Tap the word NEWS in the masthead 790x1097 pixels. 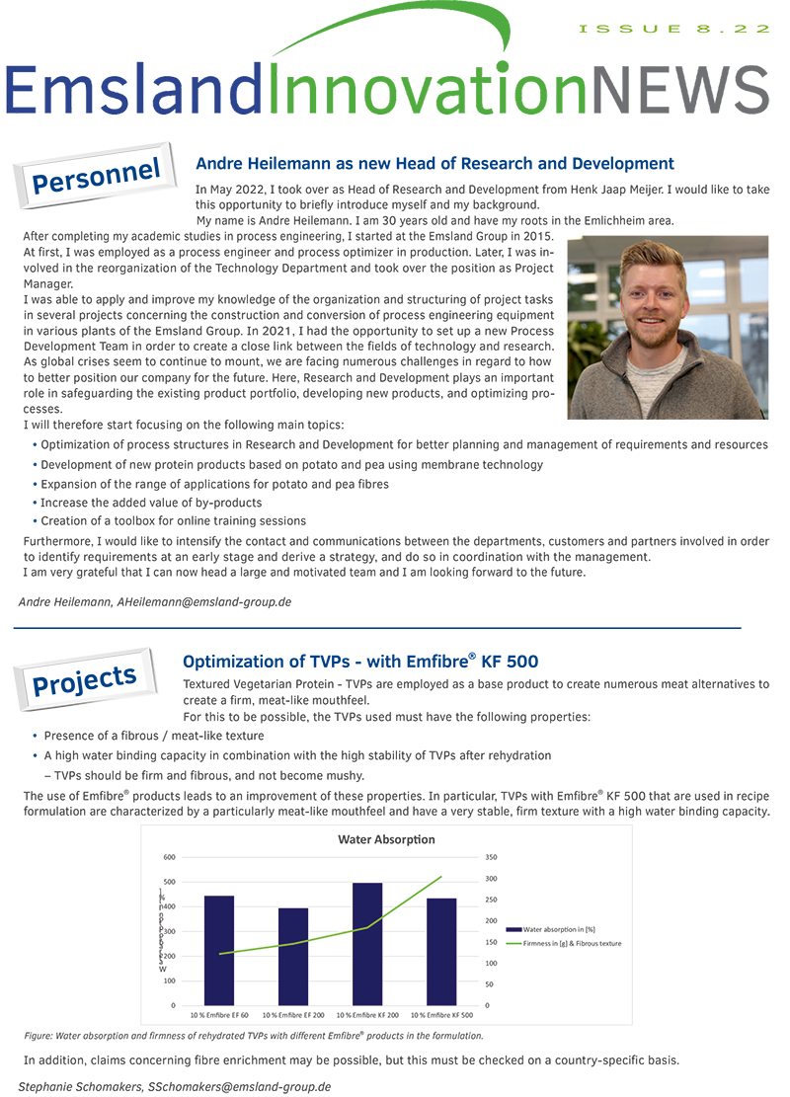tap(680, 92)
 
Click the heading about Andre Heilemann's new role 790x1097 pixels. tap(434, 164)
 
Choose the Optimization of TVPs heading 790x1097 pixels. tap(360, 662)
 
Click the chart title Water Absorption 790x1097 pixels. tap(386, 839)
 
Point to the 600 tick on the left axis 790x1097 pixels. tap(170, 857)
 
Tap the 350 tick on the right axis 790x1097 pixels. tap(491, 857)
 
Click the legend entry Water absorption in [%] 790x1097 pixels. tap(559, 929)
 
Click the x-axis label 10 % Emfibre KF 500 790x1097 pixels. tap(441, 1015)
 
